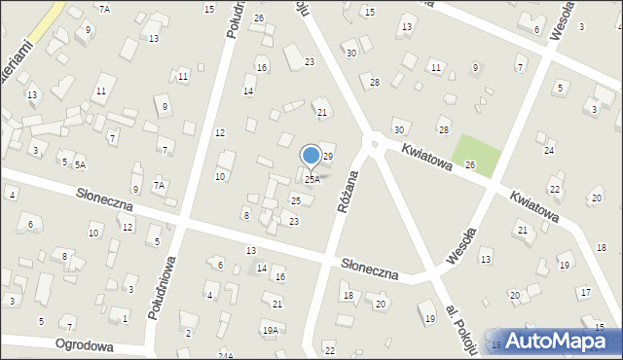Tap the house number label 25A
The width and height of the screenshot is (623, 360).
(311, 179)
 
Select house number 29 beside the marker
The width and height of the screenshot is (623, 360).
(328, 157)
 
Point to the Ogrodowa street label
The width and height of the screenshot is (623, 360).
(85, 345)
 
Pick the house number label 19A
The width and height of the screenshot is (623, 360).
(269, 331)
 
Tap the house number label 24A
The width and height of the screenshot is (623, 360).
(225, 355)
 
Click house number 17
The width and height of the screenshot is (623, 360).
(585, 292)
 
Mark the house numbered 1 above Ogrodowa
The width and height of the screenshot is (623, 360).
(125, 319)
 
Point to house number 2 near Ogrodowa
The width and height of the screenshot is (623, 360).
(188, 334)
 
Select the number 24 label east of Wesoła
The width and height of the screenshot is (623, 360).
(549, 151)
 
